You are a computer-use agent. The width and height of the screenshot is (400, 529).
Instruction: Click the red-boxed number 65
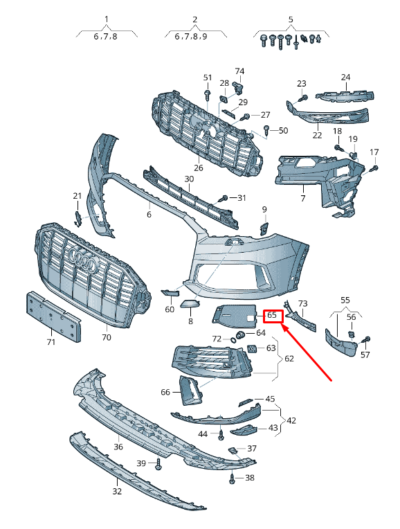click(272, 316)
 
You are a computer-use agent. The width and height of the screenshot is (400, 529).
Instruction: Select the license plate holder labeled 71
click(53, 316)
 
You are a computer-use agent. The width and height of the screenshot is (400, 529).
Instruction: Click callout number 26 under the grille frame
click(199, 168)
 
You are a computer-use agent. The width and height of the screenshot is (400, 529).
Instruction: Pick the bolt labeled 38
click(232, 478)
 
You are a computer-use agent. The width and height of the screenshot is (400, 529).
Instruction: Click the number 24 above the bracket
click(346, 78)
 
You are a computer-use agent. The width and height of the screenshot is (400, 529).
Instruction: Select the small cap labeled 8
click(190, 304)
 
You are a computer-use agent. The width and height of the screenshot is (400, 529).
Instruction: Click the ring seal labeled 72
click(233, 339)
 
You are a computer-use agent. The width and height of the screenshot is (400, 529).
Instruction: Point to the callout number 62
click(289, 358)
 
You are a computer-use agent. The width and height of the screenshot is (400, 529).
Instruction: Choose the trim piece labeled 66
click(190, 391)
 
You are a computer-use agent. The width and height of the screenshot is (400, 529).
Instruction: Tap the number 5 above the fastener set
click(291, 19)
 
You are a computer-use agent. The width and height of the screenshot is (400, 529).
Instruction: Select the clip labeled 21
click(78, 219)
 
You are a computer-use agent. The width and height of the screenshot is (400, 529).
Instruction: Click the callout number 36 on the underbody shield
click(118, 447)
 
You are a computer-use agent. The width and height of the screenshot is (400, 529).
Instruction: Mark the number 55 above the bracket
click(345, 300)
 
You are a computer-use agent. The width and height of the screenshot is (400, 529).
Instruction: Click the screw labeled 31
click(224, 198)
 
